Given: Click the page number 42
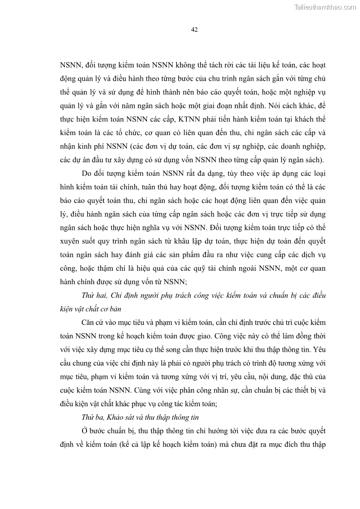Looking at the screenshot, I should (x=194, y=30).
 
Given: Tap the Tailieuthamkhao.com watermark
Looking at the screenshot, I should (x=325, y=7).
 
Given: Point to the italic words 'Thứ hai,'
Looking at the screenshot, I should (x=93, y=295).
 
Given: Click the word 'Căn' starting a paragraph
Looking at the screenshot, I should (x=89, y=321).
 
